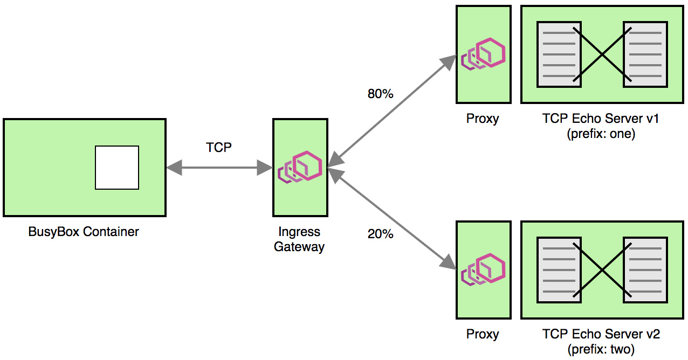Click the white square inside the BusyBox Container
[117, 168]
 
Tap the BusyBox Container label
[84, 232]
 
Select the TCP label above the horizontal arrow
[219, 147]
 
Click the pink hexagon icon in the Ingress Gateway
[300, 168]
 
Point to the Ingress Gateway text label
[299, 239]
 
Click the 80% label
[380, 94]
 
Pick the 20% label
[380, 234]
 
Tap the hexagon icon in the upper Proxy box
[483, 54]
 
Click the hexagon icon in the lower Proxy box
[483, 269]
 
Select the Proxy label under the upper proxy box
[483, 119]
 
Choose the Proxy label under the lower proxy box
[483, 334]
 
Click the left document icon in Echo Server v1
[559, 54]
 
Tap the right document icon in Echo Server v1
[645, 54]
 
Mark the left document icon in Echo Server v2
[559, 269]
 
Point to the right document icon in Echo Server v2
[645, 269]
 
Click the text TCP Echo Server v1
[601, 119]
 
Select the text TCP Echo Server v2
[601, 334]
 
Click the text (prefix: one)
[601, 134]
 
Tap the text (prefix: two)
[601, 349]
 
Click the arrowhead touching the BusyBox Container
[174, 168]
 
